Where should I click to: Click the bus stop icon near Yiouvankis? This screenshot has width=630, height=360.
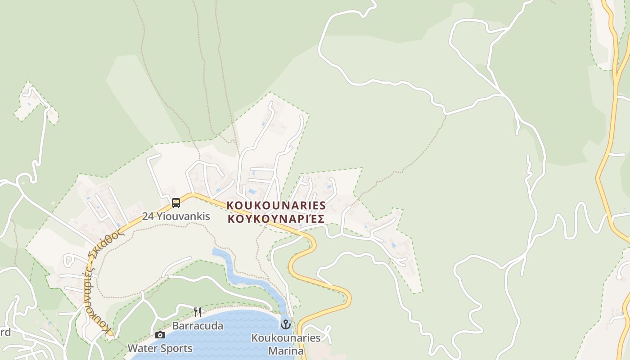[175, 203]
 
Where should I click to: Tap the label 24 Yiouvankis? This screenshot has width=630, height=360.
[176, 216]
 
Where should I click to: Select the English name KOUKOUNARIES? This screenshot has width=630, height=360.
[276, 205]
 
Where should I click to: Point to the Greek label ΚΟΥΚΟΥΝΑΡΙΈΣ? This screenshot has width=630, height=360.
[276, 219]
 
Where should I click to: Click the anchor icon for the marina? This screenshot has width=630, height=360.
[286, 324]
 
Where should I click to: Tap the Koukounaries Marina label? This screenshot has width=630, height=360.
[286, 344]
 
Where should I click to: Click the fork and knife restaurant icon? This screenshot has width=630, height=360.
[197, 312]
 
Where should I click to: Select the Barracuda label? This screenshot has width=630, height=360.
[198, 326]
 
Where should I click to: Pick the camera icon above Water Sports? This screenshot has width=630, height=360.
[160, 335]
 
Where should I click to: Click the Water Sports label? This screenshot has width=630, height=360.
[160, 348]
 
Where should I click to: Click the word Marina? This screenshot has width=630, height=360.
[286, 350]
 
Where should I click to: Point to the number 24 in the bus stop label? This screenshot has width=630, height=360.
[148, 216]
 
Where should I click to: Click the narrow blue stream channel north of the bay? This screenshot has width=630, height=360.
[234, 270]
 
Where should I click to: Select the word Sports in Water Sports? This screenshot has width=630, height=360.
[176, 348]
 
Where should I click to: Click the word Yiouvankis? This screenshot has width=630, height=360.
[183, 216]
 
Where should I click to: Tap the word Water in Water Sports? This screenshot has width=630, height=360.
[142, 348]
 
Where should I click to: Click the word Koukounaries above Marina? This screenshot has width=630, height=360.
[286, 338]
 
